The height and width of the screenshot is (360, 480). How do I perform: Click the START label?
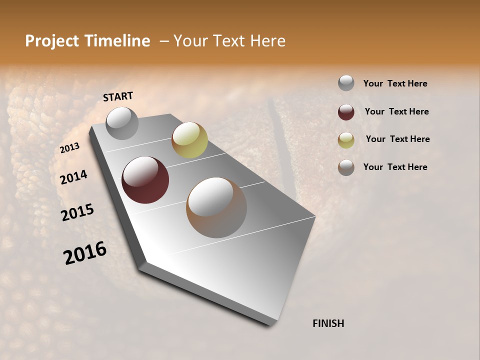(118, 96)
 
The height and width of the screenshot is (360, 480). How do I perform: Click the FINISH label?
(328, 323)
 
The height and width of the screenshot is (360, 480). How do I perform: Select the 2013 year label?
(69, 148)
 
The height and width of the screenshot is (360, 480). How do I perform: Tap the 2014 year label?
(73, 177)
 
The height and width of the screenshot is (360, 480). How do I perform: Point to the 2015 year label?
(77, 212)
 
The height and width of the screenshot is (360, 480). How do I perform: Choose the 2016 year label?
(85, 252)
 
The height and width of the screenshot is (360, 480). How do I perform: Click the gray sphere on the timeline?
(122, 123)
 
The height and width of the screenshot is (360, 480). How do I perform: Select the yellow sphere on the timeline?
(189, 140)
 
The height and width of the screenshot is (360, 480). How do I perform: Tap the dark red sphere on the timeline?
(145, 180)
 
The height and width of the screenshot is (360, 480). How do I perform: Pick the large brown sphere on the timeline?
(216, 207)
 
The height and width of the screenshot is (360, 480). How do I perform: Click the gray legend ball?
(346, 83)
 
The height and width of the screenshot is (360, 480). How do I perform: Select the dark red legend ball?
(346, 112)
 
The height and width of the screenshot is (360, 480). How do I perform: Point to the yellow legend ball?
(346, 140)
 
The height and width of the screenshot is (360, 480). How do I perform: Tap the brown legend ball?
(346, 167)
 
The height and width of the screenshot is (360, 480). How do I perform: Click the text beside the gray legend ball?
(395, 83)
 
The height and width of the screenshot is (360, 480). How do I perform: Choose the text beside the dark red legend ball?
(396, 111)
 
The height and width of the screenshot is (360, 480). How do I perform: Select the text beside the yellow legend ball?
(397, 139)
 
